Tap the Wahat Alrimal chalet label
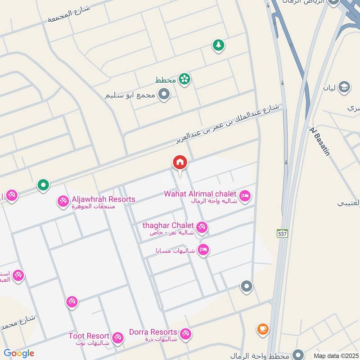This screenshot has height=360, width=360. click(201, 194)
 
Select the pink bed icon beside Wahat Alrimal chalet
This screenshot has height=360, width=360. click(245, 196)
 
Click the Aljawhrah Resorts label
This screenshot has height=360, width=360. click(103, 199)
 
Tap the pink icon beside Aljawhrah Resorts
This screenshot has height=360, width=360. click(63, 202)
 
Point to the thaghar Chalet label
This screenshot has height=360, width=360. click(168, 225)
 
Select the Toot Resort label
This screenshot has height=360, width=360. click(89, 336)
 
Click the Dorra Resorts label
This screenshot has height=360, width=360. click(153, 332)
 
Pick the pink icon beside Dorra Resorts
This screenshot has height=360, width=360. click(185, 334)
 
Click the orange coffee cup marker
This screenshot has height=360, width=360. click(262, 329)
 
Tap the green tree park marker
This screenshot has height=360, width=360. click(218, 45)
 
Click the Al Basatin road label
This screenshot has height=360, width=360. click(320, 141)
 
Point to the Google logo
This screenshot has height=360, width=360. click(19, 353)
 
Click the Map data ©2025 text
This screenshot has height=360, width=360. click(335, 355)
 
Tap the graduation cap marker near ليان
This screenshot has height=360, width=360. click(344, 86)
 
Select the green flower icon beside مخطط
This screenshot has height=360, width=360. click(184, 79)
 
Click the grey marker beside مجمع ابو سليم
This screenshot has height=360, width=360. click(165, 95)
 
